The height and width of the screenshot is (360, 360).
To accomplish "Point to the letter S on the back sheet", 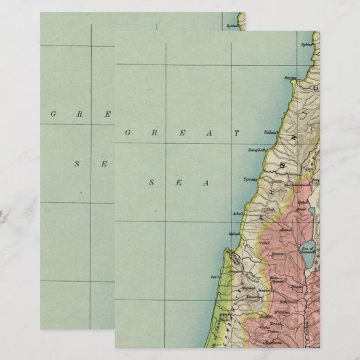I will coord(77,163).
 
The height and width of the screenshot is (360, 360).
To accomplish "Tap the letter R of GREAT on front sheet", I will coord(154,132).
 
